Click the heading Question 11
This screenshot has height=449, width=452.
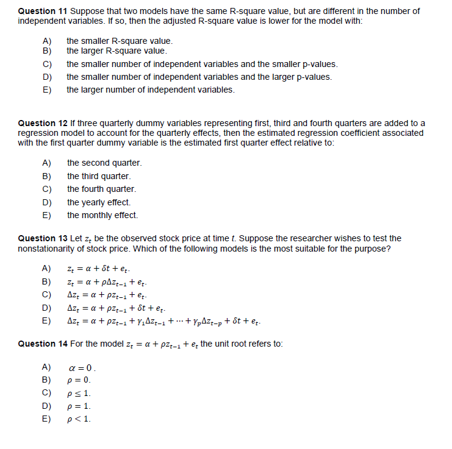[43, 12]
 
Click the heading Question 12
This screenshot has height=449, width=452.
[43, 124]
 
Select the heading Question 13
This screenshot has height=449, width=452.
[43, 238]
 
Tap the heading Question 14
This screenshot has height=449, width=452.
[43, 344]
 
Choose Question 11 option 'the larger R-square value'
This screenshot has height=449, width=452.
[116, 51]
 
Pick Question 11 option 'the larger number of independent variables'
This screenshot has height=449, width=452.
[150, 90]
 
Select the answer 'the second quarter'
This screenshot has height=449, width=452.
[104, 163]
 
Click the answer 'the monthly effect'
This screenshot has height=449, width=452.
[102, 215]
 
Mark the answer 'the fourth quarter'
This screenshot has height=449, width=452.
[102, 189]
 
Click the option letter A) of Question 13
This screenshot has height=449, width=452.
[46, 268]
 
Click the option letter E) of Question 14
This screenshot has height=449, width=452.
[46, 419]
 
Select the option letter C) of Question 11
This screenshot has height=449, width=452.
[46, 64]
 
